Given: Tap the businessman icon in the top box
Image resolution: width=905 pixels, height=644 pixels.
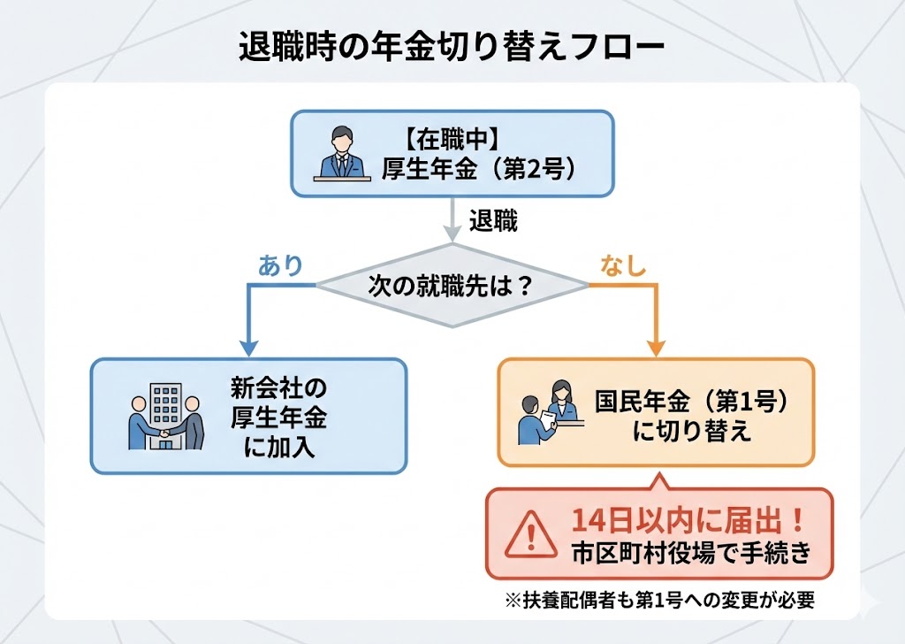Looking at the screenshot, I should pyautogui.click(x=340, y=155).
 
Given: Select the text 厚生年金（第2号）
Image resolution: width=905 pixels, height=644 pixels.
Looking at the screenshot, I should pyautogui.click(x=482, y=168).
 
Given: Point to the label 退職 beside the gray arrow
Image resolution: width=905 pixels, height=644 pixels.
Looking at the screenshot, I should pyautogui.click(x=493, y=221).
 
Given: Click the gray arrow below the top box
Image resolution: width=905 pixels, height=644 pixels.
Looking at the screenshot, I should pyautogui.click(x=452, y=221).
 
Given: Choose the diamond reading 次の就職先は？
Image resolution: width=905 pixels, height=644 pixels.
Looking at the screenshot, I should pyautogui.click(x=452, y=286).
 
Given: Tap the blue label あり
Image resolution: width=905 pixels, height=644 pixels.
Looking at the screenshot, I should pyautogui.click(x=280, y=264).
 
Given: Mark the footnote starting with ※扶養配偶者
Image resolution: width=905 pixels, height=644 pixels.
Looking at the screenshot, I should pyautogui.click(x=658, y=599).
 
